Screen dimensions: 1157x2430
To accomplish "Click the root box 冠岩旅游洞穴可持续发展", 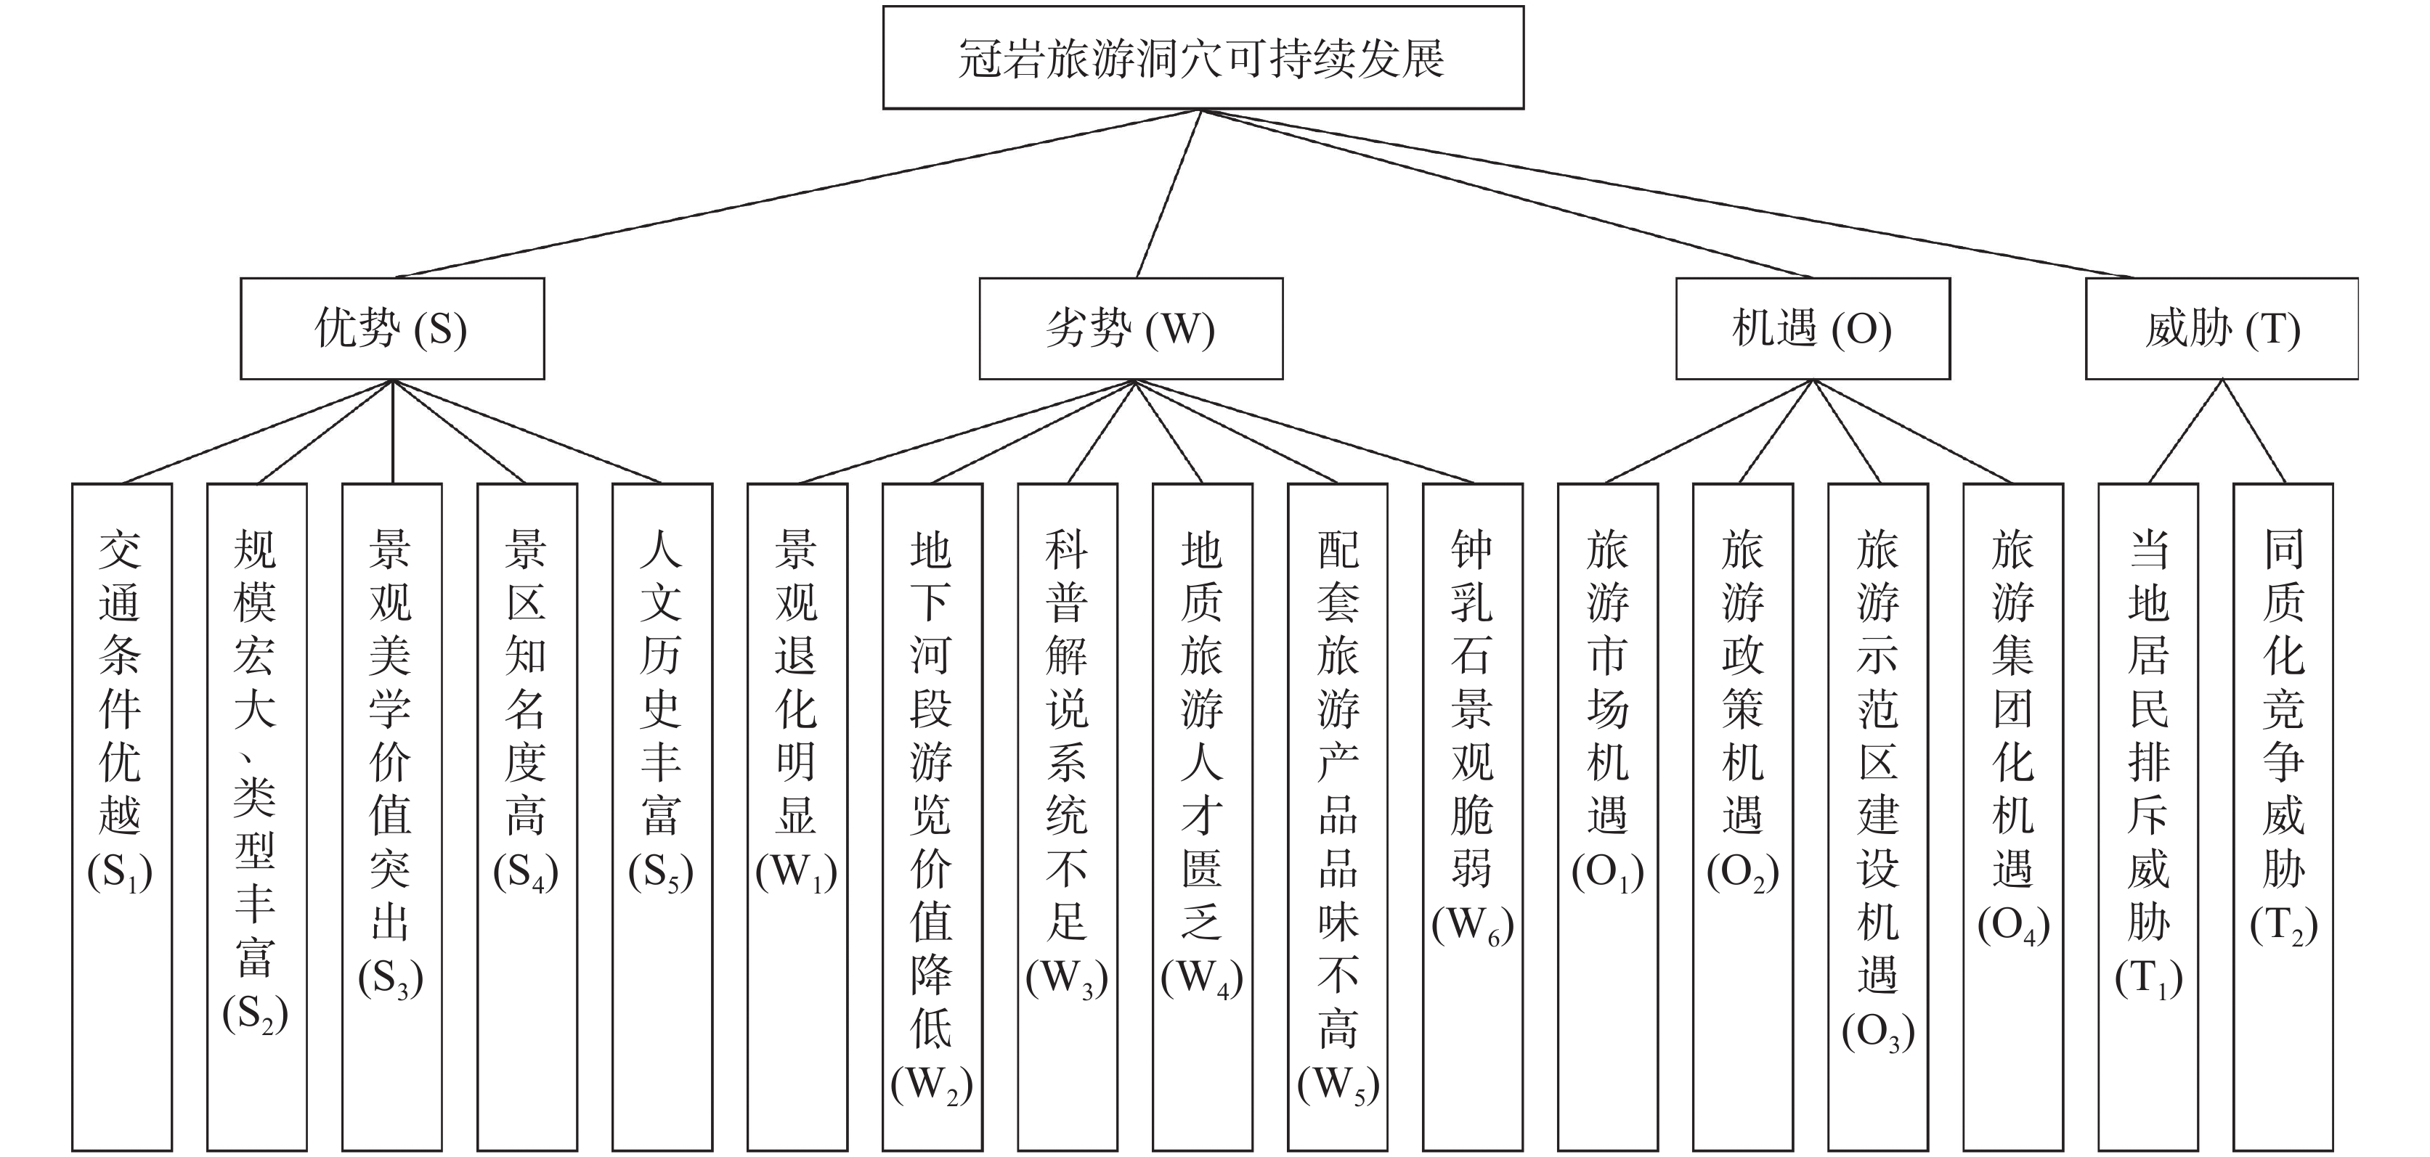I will [x=1203, y=59].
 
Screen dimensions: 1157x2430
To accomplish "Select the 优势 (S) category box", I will [x=392, y=329].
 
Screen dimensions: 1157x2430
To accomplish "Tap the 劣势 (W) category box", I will [x=1131, y=329].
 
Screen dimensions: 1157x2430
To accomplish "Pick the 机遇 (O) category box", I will [x=1812, y=329].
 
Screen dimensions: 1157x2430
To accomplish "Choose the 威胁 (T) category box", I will [x=2222, y=329].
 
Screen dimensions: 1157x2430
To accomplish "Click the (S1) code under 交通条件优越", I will [x=120, y=872].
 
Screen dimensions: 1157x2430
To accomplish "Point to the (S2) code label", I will [x=255, y=1015].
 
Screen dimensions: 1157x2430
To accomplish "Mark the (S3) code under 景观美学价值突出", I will [x=391, y=978].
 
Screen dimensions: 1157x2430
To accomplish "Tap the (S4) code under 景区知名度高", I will [x=525, y=872].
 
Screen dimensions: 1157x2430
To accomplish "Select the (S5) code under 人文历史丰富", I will [x=660, y=872].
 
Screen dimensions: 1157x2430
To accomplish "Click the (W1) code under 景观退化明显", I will [x=796, y=872].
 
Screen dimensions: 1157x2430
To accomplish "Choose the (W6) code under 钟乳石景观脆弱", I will [x=1473, y=926].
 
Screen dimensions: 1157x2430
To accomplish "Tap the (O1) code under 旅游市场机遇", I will [x=1607, y=872].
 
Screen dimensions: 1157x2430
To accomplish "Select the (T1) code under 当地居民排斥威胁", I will [x=2149, y=978].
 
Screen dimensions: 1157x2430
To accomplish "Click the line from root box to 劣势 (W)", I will [x=1169, y=193].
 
